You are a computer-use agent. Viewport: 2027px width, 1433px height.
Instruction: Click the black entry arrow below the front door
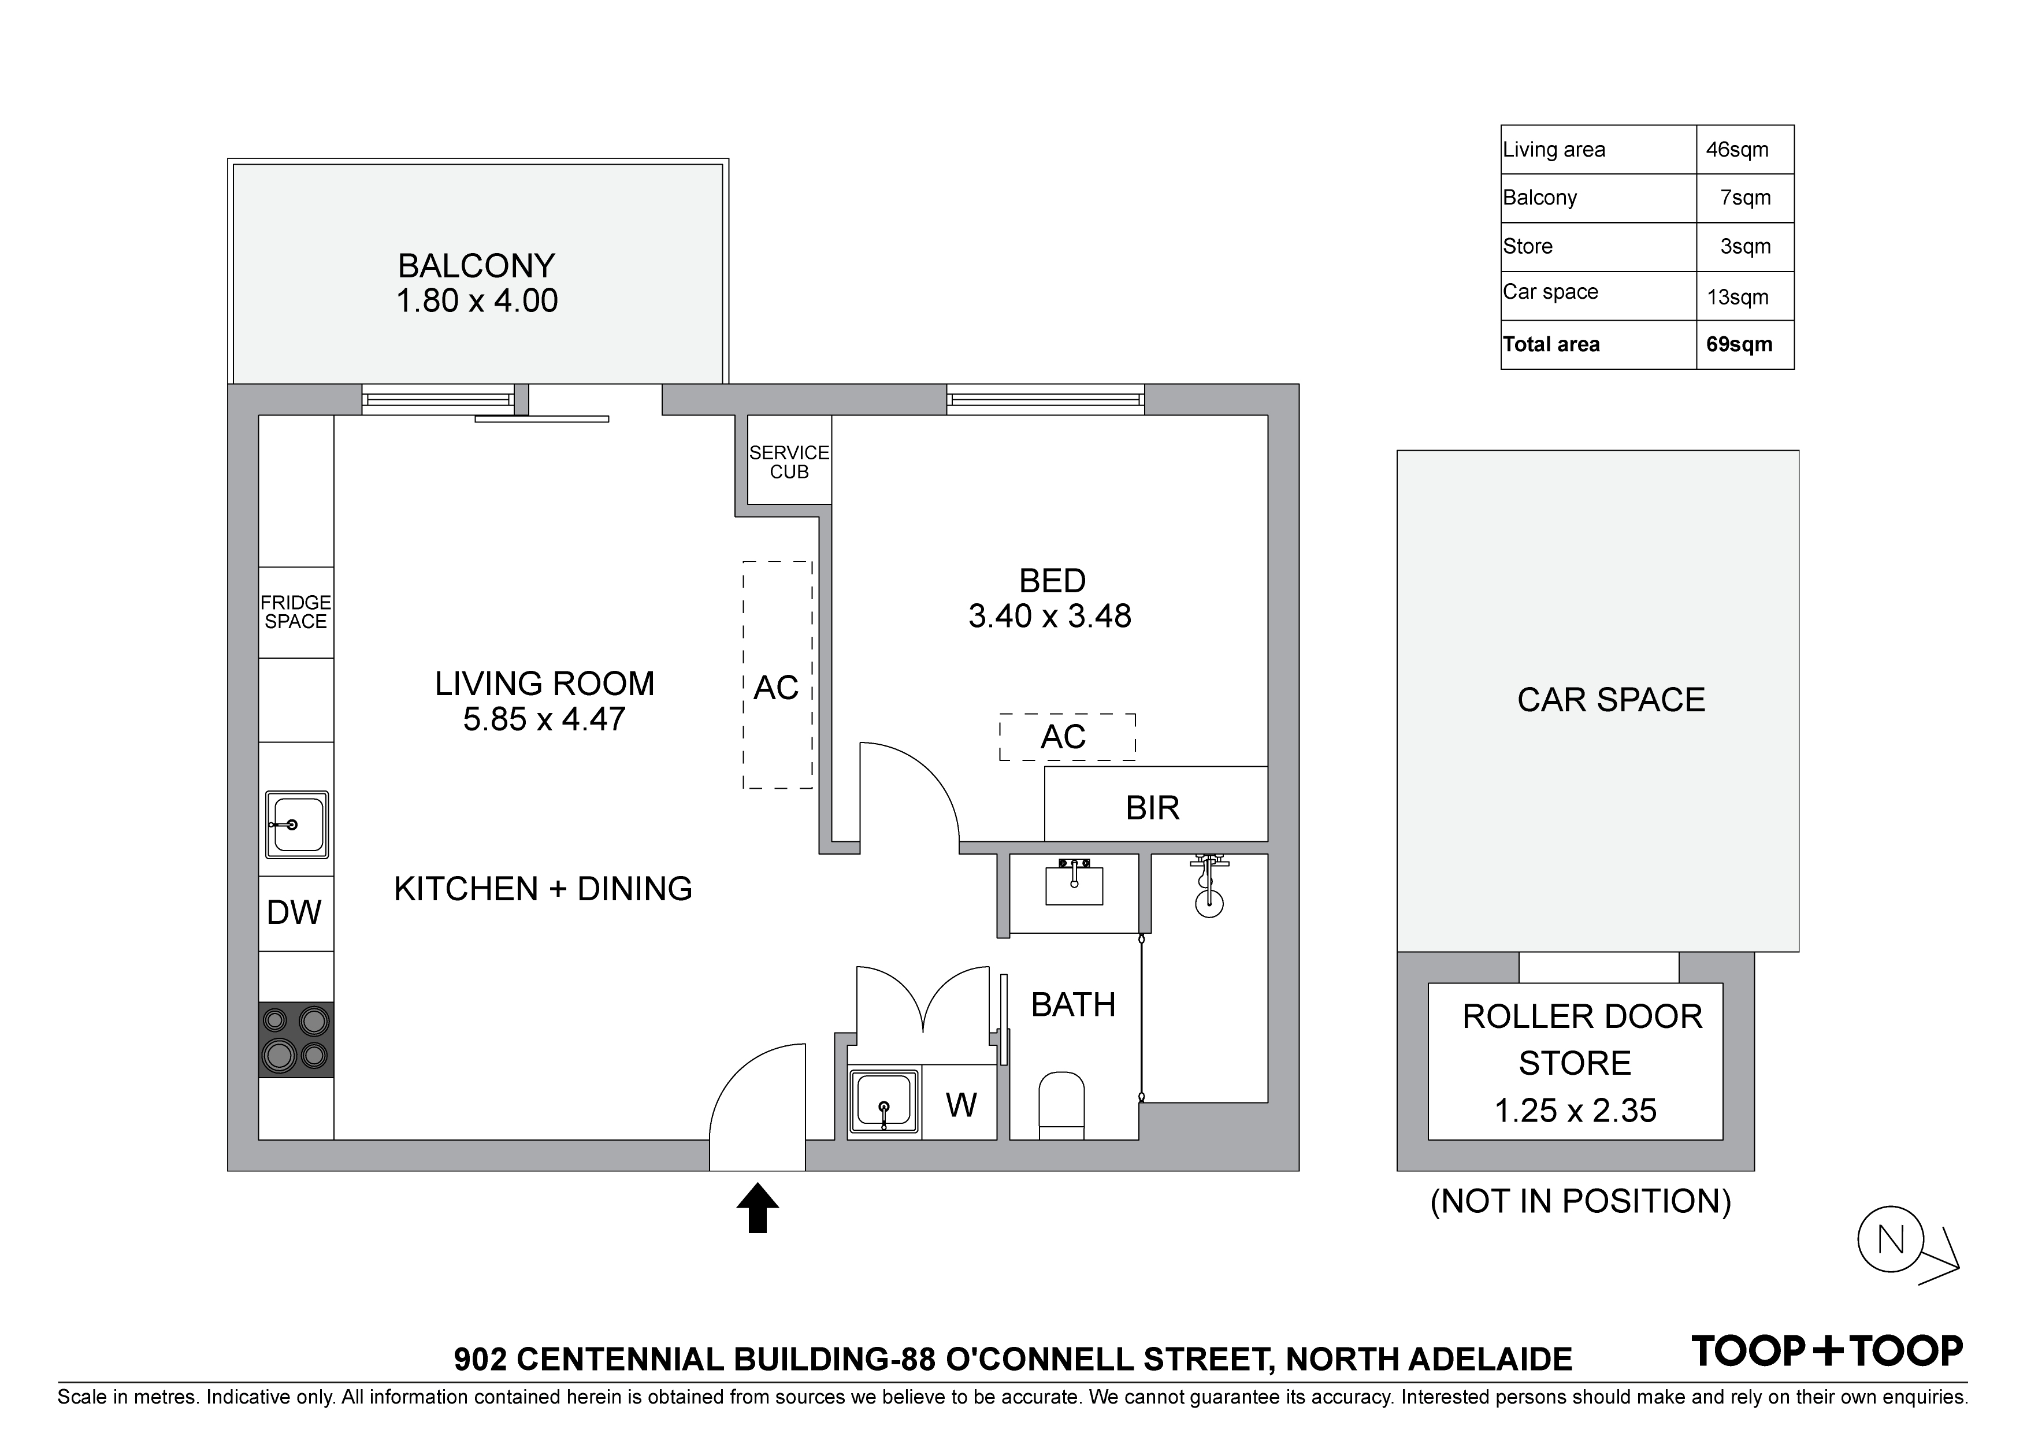pos(758,1208)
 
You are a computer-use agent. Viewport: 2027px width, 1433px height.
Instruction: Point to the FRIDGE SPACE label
pos(296,612)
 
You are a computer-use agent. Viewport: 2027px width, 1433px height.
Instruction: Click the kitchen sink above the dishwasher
pos(296,825)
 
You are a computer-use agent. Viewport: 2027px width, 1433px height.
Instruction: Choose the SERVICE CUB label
pos(789,462)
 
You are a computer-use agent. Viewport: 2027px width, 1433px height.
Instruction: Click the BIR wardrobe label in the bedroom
pos(1152,808)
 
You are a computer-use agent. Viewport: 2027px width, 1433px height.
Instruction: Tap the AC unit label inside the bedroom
pos(1063,736)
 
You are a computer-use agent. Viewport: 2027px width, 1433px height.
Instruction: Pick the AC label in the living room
pos(776,688)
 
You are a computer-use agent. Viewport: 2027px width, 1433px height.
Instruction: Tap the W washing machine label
pos(961,1105)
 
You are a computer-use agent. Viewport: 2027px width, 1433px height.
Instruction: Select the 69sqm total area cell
pos(1739,344)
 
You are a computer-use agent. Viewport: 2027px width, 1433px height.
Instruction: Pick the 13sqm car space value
pos(1738,296)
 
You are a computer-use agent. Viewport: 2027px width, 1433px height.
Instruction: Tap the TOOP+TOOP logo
pos(1826,1352)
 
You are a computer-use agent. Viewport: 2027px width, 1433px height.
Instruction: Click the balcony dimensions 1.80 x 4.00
pos(477,301)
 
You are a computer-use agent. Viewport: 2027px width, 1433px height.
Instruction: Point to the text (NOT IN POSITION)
pos(1580,1202)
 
